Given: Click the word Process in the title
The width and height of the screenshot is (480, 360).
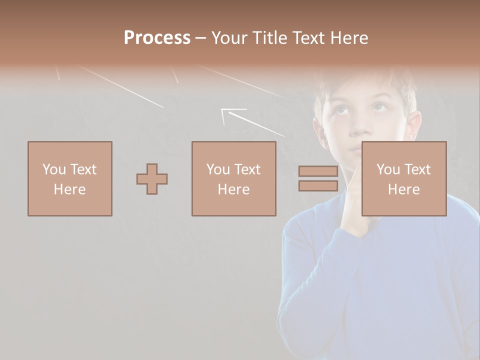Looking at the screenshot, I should [157, 38].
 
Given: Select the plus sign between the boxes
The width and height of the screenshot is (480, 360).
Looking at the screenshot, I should [152, 179].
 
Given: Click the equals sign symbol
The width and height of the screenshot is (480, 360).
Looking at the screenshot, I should [318, 178].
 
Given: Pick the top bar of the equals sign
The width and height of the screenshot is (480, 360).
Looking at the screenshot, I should [318, 171].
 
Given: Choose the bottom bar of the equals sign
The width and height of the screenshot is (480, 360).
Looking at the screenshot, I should [318, 185].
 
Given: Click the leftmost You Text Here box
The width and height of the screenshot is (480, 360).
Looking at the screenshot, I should [70, 179].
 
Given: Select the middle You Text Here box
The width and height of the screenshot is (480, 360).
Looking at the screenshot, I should [234, 179].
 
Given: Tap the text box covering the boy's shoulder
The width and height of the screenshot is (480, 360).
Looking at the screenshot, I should [404, 179].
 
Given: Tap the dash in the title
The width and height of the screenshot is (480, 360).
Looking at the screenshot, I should [200, 38].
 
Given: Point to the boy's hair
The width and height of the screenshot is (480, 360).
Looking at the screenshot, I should [365, 80].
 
